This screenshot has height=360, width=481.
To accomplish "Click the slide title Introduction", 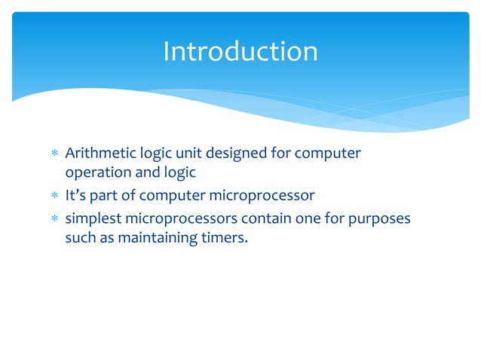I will pyautogui.click(x=240, y=51).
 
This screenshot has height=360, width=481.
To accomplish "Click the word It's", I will pyautogui.click(x=76, y=197).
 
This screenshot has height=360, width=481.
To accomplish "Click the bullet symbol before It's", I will pyautogui.click(x=53, y=197).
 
